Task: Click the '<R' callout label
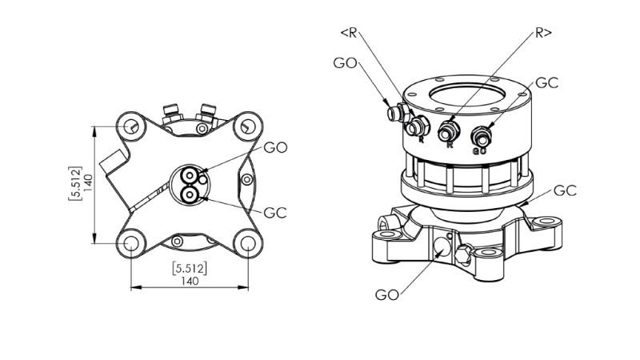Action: coord(349,33)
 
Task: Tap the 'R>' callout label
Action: coord(543,33)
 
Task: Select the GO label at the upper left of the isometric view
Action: coord(345,63)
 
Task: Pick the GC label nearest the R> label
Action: coord(546,82)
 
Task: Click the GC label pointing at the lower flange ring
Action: coord(566,190)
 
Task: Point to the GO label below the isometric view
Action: coord(387,294)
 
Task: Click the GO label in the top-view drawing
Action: coord(275,147)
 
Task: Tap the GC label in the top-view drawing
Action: coord(275,213)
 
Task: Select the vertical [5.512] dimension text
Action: coord(74,183)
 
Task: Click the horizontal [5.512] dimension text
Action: coord(190,268)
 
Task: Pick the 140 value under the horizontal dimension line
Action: coord(190,281)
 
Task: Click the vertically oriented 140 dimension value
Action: coord(88,183)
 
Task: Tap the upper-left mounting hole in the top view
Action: coord(131,126)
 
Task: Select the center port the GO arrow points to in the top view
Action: coord(190,176)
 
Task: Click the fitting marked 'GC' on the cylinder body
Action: coord(481,134)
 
